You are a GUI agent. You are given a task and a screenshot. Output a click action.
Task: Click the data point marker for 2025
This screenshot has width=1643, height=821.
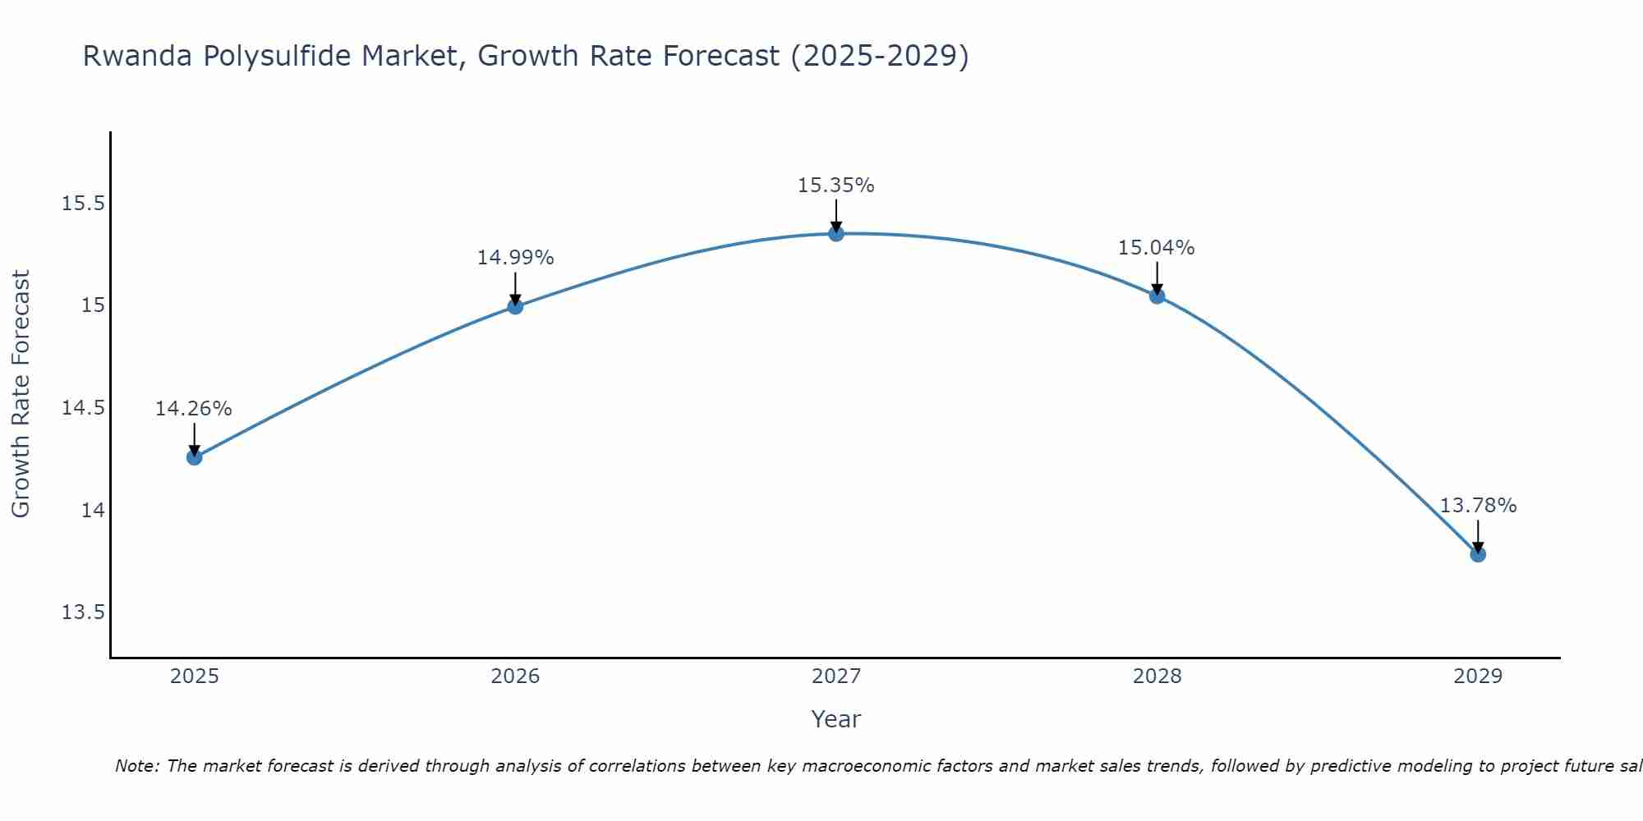point(195,457)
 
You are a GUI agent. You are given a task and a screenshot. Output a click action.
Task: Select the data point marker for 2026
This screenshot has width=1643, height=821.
point(515,306)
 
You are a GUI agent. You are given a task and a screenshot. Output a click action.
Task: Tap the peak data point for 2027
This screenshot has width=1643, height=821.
point(836,234)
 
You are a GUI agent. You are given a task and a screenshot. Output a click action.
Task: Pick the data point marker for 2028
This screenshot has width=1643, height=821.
point(1157,296)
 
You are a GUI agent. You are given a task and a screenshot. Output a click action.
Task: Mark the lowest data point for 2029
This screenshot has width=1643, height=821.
point(1478,554)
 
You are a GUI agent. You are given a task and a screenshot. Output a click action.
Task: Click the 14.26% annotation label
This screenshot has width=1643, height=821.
point(194,409)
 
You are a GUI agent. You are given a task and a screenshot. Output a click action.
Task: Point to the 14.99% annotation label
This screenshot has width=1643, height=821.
point(515,258)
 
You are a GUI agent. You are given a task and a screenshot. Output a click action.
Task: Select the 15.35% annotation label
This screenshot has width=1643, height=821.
point(836,186)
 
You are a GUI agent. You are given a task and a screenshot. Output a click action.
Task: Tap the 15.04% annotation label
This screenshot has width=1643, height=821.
point(1157,248)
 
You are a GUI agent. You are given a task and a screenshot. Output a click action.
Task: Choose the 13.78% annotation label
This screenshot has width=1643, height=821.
point(1478,506)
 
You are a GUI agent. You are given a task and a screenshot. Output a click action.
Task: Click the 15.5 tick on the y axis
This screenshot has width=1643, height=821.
point(83,204)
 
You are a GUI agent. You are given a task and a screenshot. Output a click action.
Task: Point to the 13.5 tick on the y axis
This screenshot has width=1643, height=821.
point(83,612)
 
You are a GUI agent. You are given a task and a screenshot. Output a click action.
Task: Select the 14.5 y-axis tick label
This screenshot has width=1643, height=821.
point(83,408)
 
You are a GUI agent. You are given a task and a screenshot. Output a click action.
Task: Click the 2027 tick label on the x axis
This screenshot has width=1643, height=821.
point(836,677)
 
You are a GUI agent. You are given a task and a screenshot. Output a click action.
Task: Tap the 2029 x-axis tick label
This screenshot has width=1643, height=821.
point(1478,677)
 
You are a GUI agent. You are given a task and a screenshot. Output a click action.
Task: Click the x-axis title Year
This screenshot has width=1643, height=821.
point(836,719)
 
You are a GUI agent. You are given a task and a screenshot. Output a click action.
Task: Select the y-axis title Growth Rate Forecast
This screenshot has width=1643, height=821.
point(21,394)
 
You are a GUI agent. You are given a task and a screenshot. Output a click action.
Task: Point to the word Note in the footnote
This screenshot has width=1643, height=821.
point(136,766)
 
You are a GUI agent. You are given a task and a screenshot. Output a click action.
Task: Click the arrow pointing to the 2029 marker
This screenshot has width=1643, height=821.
point(1478,535)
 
